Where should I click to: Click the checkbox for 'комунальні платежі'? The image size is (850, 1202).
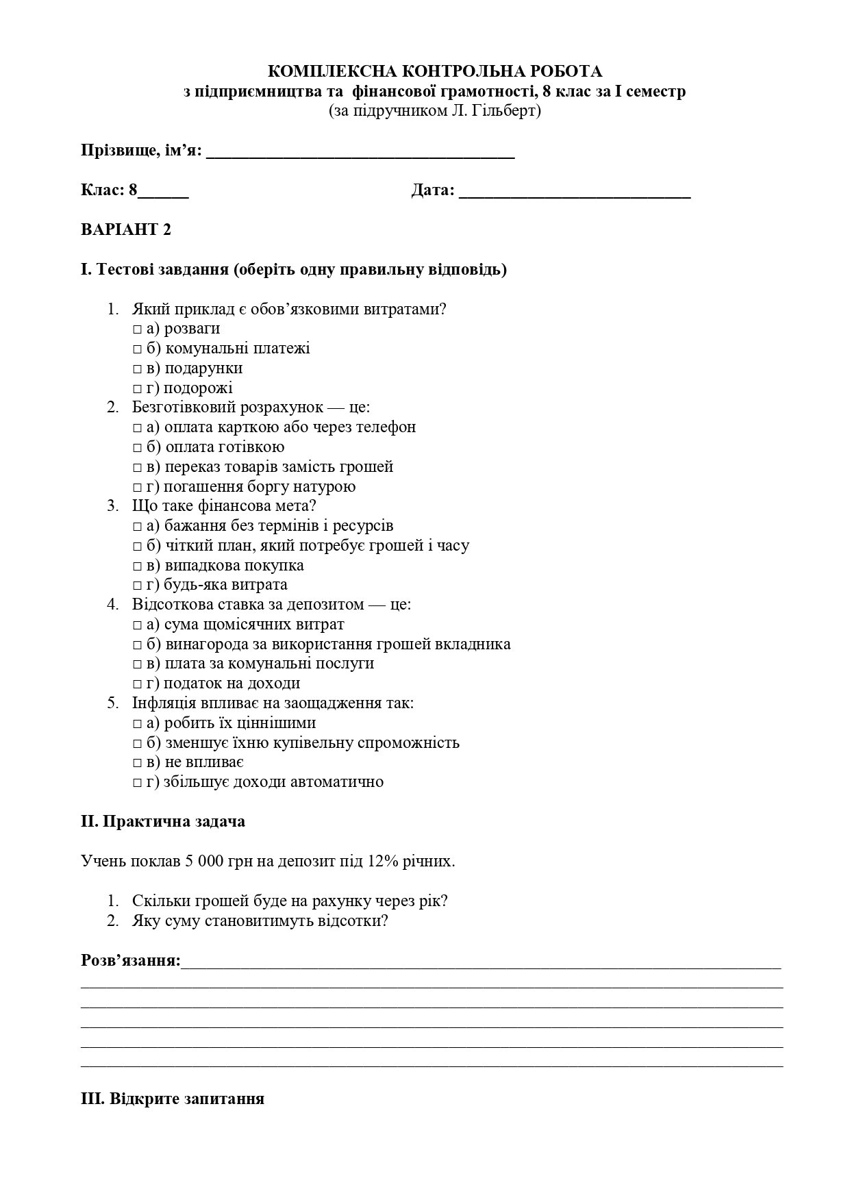(137, 349)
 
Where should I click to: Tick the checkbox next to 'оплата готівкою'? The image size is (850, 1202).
(137, 448)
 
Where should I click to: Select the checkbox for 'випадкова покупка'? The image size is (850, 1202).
(137, 566)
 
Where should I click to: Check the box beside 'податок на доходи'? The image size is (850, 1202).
(137, 684)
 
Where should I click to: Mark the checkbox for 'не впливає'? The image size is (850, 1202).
(137, 763)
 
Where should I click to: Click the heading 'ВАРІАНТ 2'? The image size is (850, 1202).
(126, 229)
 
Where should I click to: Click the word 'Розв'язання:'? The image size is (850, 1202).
(131, 960)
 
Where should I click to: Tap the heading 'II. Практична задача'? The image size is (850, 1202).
(163, 821)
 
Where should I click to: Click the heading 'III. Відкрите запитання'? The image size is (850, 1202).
(173, 1099)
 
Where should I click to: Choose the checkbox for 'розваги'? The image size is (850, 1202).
(137, 329)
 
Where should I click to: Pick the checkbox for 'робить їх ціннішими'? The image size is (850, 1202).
(137, 724)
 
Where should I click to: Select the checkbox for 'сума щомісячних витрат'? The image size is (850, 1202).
(137, 625)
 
